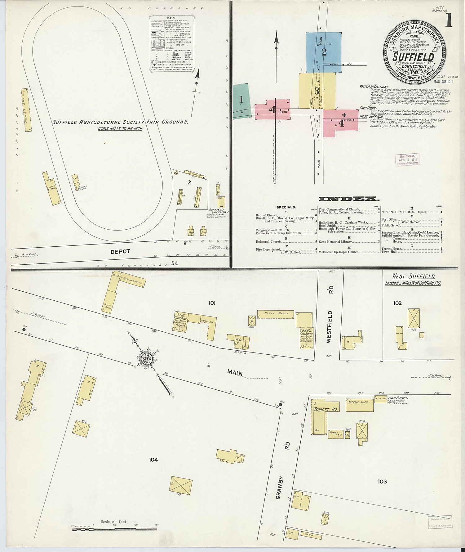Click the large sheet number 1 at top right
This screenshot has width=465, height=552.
tap(448, 21)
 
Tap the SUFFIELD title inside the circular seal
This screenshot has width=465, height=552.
tap(413, 57)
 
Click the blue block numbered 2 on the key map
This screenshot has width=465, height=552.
tap(324, 52)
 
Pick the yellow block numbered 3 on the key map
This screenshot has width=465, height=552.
tap(317, 91)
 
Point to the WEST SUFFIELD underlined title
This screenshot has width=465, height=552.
tap(413, 276)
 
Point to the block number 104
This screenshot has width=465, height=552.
tap(153, 460)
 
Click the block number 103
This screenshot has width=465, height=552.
tap(382, 481)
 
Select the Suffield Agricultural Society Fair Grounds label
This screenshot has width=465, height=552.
tap(120, 122)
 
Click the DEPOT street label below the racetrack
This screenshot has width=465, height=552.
tap(120, 252)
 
